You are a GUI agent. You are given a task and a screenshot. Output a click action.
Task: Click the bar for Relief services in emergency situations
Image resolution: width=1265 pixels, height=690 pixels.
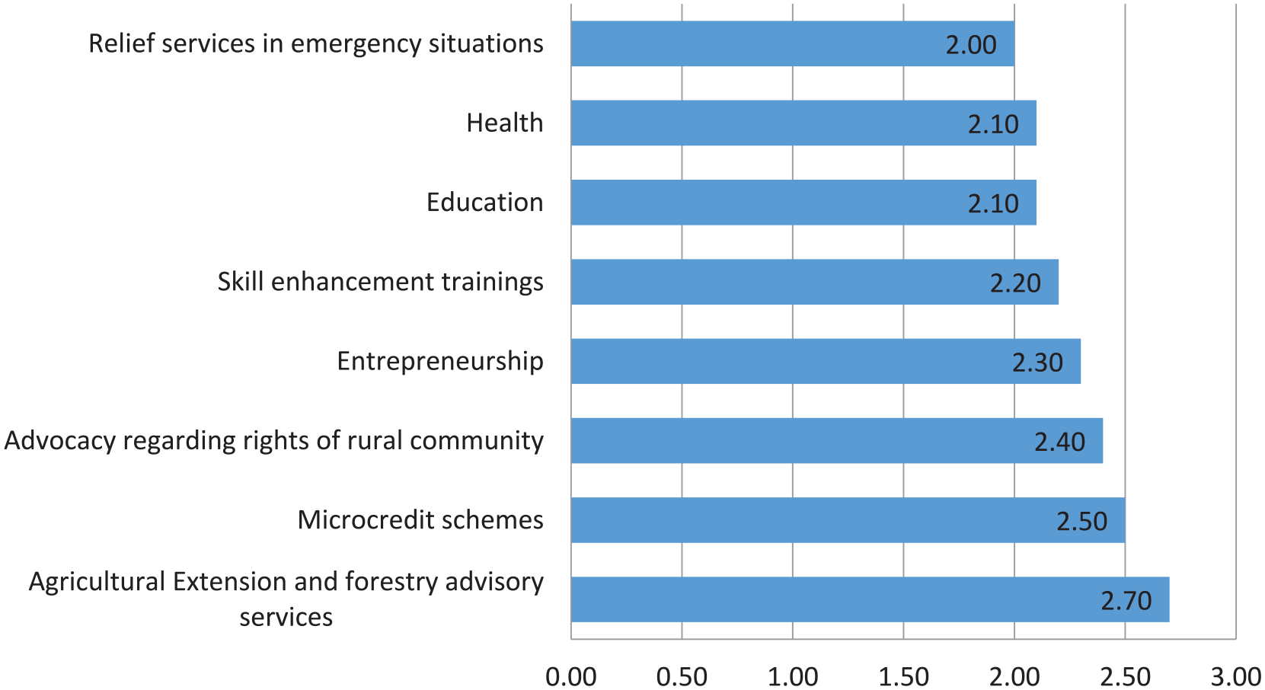click(x=793, y=43)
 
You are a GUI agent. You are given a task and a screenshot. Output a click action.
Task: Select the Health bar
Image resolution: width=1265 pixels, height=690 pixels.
click(x=803, y=123)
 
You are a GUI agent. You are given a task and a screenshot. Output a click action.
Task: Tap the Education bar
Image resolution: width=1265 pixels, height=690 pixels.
click(x=803, y=202)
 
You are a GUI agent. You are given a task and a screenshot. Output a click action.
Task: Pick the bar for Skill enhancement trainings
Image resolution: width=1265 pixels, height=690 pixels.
click(x=815, y=282)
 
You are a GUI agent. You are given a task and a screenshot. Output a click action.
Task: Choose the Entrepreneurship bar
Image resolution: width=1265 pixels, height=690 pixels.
click(x=826, y=362)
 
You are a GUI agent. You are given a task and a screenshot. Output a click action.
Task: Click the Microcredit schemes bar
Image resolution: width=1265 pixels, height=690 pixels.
click(x=848, y=520)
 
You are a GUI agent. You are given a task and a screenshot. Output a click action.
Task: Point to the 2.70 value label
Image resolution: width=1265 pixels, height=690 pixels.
click(x=1126, y=601)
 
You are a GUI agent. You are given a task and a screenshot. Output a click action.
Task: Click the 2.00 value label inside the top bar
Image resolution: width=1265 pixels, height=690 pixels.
click(x=971, y=45)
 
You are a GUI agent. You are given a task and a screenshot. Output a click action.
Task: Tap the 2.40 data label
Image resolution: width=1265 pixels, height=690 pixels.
click(x=1060, y=442)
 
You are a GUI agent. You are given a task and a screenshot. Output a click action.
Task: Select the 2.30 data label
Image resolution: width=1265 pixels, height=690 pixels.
click(x=1037, y=363)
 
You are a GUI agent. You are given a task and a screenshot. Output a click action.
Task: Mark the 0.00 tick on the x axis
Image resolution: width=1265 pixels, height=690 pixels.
click(x=571, y=676)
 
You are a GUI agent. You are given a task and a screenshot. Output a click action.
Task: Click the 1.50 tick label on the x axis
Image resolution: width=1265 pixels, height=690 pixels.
click(x=903, y=676)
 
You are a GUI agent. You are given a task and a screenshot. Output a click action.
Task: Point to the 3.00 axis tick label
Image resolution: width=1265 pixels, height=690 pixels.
click(x=1236, y=676)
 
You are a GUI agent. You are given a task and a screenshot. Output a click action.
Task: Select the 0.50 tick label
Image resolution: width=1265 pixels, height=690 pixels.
click(x=682, y=676)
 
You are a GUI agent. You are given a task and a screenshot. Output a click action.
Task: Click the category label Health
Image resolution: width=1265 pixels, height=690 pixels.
click(x=505, y=123)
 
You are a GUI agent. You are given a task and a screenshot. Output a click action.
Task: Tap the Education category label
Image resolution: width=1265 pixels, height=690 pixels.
click(x=485, y=202)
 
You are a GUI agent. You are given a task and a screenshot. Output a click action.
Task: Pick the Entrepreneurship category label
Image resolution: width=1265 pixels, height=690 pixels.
click(x=440, y=362)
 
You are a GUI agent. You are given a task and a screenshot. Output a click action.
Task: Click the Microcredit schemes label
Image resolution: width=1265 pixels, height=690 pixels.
click(x=420, y=520)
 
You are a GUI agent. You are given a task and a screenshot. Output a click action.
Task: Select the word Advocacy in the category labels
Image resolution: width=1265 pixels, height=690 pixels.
click(x=60, y=441)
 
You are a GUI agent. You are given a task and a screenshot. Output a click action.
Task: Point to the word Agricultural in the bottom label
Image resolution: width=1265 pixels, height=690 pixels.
click(x=97, y=582)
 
